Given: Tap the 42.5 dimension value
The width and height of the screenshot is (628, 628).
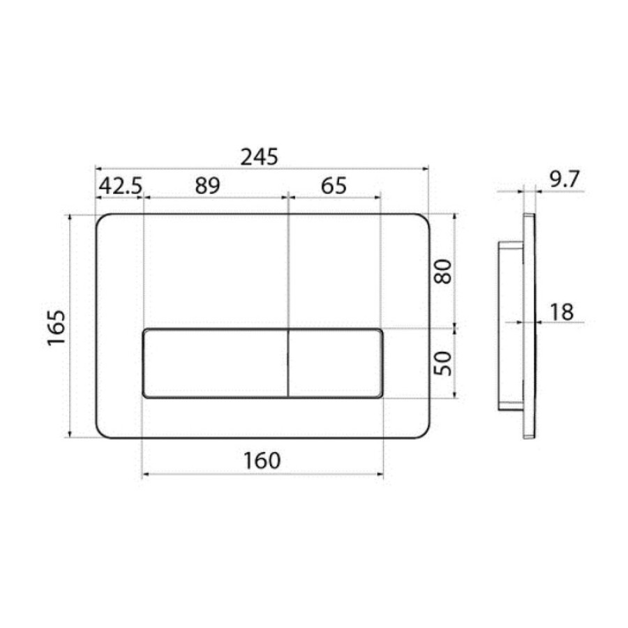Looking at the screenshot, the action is (x=121, y=186).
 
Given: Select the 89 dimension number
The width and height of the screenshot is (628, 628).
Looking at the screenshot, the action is (x=207, y=186).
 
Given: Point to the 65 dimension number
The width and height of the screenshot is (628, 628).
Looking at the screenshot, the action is (x=334, y=186).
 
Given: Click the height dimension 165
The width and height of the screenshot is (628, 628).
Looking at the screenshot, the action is (x=56, y=328).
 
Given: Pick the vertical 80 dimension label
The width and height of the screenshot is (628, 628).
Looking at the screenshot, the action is (x=443, y=271).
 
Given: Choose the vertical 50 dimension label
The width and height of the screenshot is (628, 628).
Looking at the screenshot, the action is (x=443, y=364).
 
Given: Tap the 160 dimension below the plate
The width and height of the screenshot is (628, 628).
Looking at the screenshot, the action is (x=262, y=461).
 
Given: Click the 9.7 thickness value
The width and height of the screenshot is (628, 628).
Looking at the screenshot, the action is (x=565, y=179).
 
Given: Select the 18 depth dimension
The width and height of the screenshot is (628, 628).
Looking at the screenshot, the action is (x=562, y=312).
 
